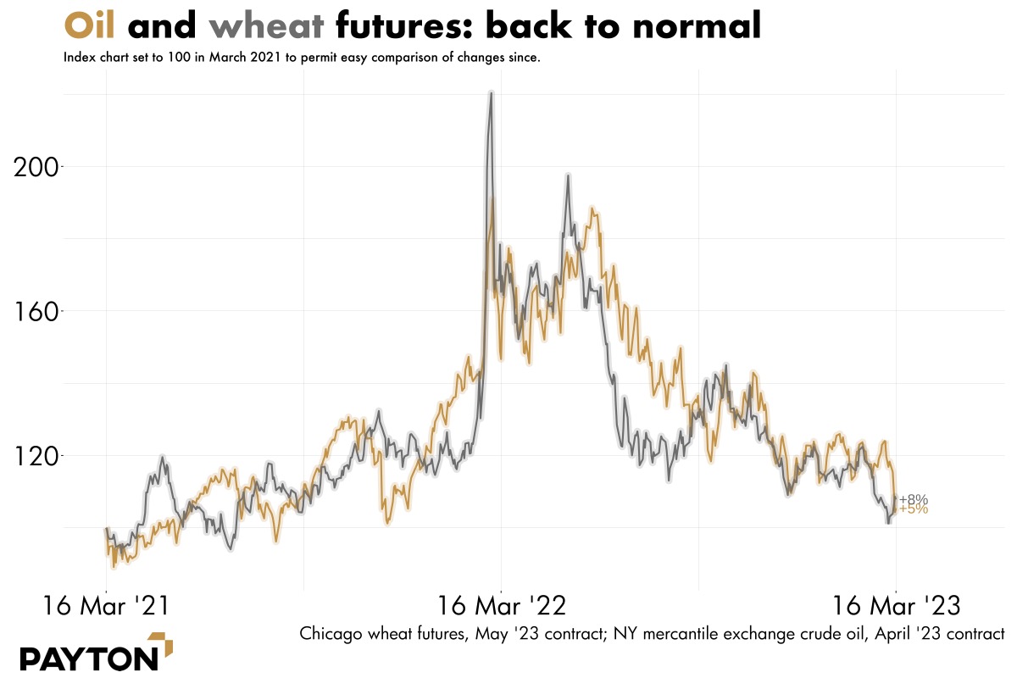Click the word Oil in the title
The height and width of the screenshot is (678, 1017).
90,26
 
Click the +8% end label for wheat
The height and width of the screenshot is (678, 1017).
914,499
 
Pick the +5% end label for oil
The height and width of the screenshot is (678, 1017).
914,509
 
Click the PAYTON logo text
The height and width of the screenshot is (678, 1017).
89,658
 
